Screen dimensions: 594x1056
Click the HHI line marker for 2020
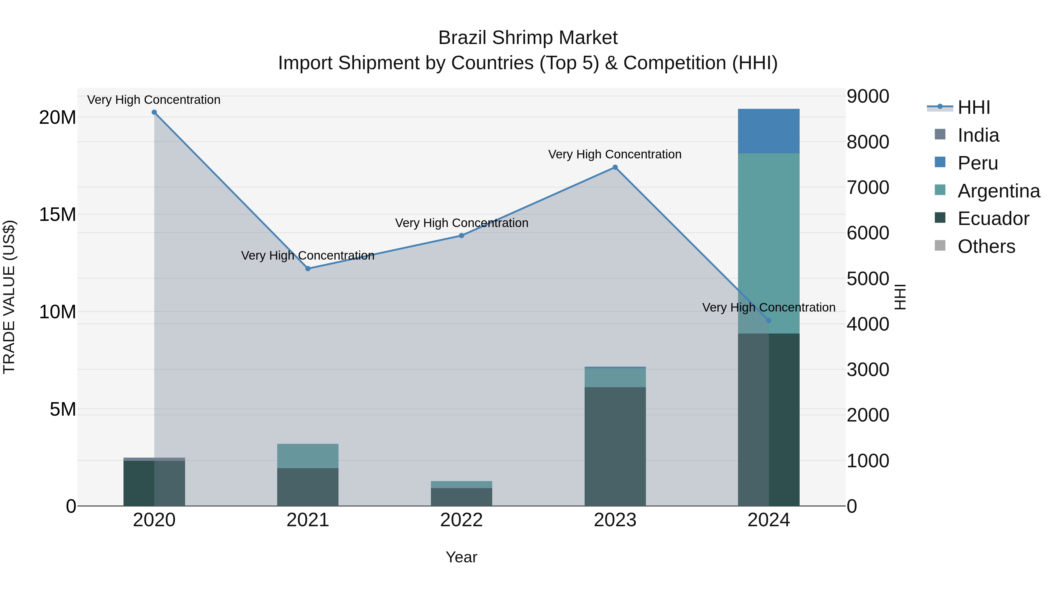[154, 112]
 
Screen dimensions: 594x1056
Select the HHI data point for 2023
[615, 167]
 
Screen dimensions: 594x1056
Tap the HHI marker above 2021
[308, 268]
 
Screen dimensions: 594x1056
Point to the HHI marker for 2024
[769, 321]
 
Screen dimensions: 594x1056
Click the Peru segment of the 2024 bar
[769, 131]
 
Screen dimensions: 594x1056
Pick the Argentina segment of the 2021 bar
[308, 456]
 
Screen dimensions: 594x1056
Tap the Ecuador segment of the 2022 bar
[461, 497]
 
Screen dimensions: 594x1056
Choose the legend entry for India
[978, 135]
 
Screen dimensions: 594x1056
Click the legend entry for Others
[986, 246]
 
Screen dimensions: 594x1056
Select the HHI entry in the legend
[974, 107]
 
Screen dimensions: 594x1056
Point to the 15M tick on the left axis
[57, 214]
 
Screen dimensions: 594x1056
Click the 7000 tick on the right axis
[868, 187]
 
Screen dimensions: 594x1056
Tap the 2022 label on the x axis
[461, 520]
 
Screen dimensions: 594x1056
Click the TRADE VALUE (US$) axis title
[9, 297]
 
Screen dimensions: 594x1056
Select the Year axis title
[461, 557]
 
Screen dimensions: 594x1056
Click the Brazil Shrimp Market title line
[528, 38]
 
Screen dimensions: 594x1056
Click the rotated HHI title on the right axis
[900, 297]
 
